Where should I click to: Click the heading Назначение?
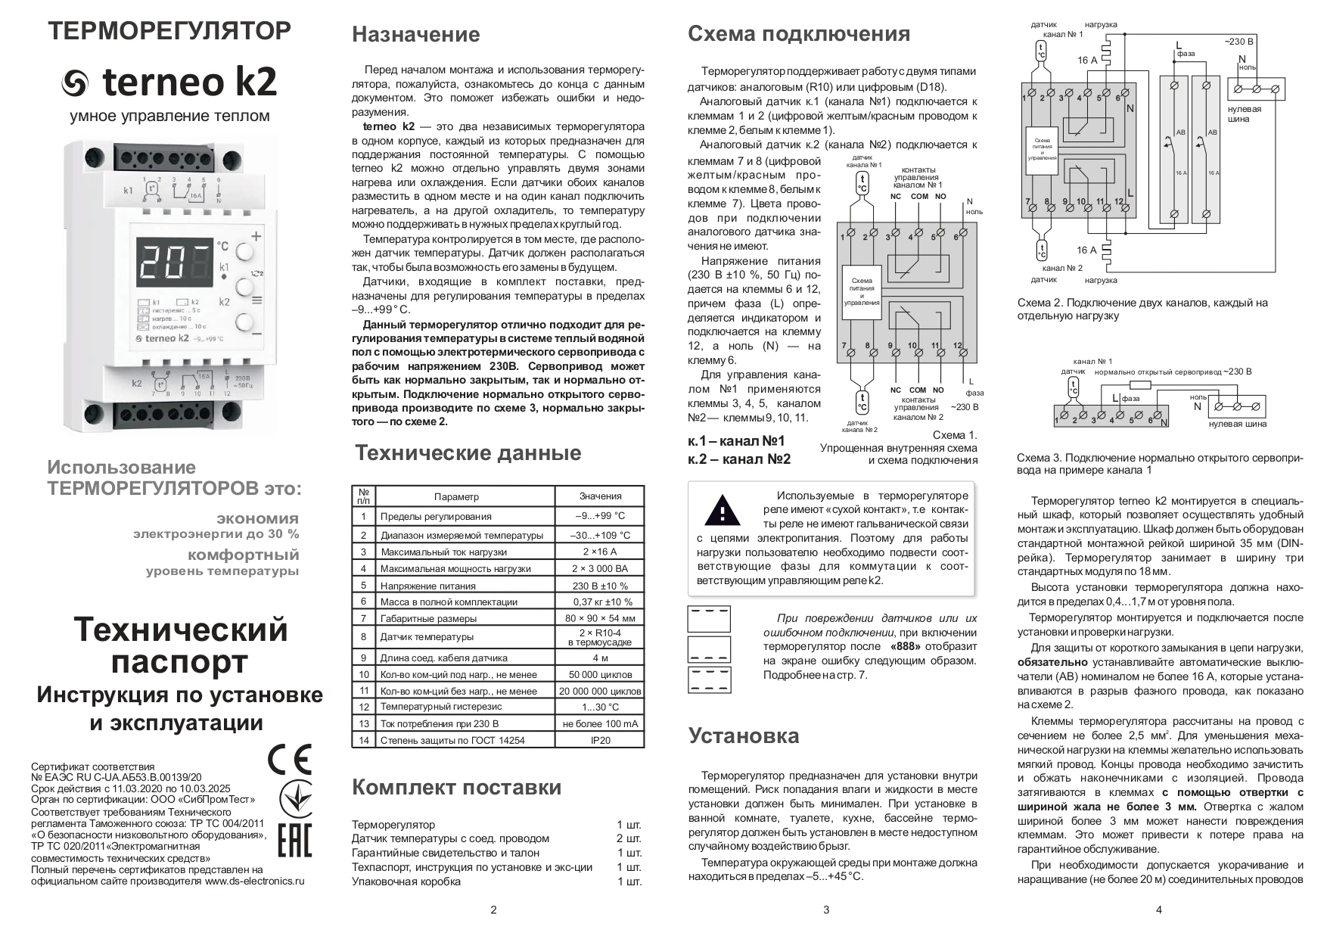click(x=415, y=35)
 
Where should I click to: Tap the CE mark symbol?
click(x=290, y=759)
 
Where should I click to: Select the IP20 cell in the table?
click(x=600, y=740)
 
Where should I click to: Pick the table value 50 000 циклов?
click(x=600, y=674)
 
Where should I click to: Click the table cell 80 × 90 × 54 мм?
click(x=600, y=618)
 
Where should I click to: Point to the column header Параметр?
click(x=456, y=496)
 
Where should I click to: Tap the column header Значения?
click(x=600, y=496)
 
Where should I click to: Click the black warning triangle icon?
click(x=723, y=510)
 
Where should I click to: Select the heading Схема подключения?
click(x=798, y=34)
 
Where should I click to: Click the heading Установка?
click(x=743, y=735)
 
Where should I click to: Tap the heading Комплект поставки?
click(x=456, y=787)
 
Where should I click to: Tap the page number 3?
click(x=826, y=909)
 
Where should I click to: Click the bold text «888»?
click(x=906, y=646)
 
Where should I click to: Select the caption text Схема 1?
click(x=955, y=435)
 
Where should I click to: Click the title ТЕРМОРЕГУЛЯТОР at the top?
click(x=169, y=31)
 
